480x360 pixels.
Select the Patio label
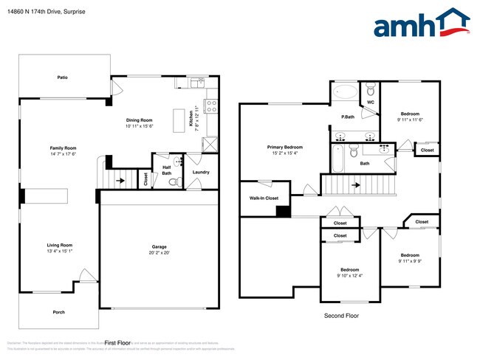(x=64, y=77)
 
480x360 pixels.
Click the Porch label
(x=59, y=312)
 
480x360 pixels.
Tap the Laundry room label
(x=201, y=173)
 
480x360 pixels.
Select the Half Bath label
(x=167, y=169)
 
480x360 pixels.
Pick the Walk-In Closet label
(x=262, y=198)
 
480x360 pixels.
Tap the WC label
(x=371, y=103)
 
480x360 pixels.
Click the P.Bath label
(x=348, y=117)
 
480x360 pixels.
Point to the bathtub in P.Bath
(x=344, y=93)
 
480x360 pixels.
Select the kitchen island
(x=179, y=120)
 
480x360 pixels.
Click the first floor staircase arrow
(x=121, y=179)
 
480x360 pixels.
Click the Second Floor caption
(x=341, y=315)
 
